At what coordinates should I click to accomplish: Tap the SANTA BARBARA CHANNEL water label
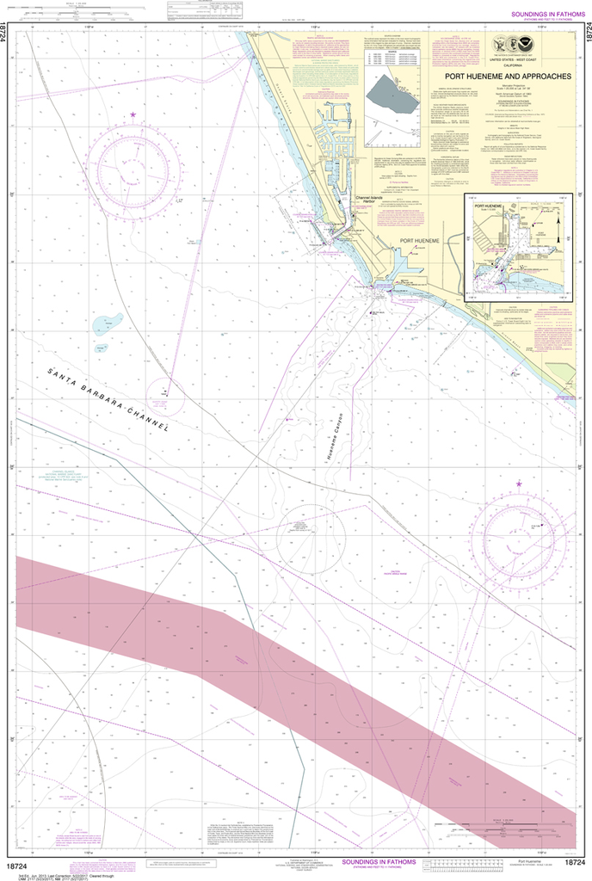[x=108, y=400]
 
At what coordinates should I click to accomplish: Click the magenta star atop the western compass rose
[x=133, y=114]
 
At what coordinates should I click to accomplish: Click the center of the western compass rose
[x=136, y=164]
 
